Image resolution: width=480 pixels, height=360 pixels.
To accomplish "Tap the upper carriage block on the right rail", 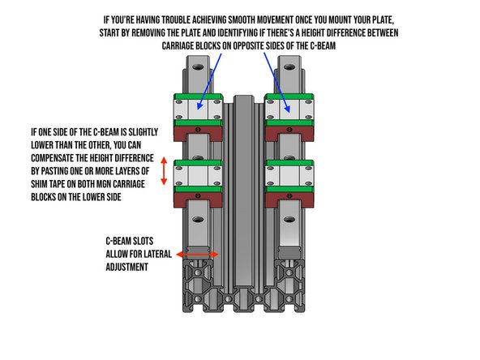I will coord(289,110).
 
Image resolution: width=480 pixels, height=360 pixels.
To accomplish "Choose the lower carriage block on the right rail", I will coord(289,176).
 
